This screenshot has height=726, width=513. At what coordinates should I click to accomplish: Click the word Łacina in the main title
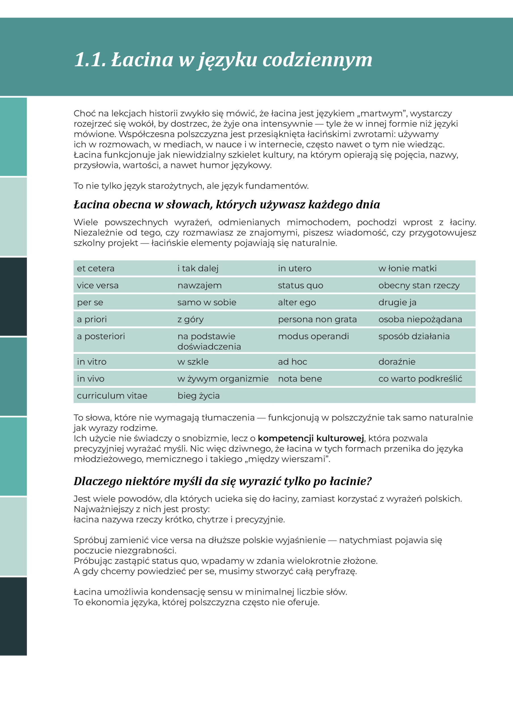coord(142,60)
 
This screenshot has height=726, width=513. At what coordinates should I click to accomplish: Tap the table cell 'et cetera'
coord(96,269)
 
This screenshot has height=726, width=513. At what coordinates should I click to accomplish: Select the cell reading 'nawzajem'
coord(200,286)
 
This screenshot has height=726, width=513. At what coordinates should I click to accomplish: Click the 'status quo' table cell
coord(300,286)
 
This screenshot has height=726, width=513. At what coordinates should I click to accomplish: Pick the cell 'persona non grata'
coord(317,319)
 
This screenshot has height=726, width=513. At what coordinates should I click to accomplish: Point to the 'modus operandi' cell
coord(313,336)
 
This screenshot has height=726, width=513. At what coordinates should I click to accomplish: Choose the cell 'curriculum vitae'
coord(112,396)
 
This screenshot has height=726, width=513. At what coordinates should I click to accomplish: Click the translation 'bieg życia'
coord(198,396)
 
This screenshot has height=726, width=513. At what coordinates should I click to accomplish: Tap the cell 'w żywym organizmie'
coord(223,379)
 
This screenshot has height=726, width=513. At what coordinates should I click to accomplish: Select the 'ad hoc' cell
coord(292,362)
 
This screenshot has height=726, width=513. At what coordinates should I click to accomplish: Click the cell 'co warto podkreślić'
coord(420,379)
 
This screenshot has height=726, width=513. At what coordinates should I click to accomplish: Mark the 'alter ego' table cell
coord(297,302)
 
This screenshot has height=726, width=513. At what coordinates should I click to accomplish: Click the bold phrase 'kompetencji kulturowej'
coord(311,438)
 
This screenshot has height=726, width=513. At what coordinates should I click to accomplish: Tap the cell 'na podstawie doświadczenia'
coord(209,341)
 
